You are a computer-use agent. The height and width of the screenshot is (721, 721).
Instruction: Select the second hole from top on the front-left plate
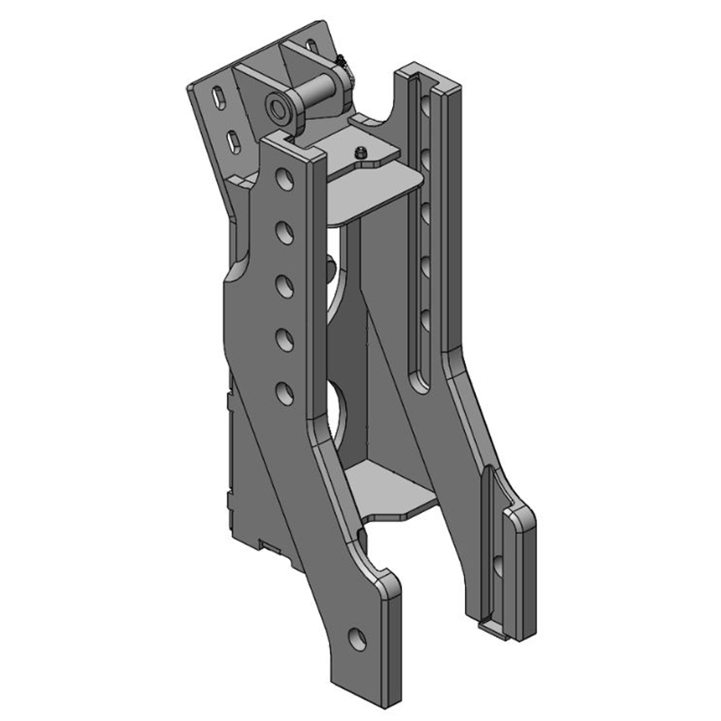tap(284, 233)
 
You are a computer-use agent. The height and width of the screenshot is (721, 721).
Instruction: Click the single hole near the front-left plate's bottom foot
tap(358, 637)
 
